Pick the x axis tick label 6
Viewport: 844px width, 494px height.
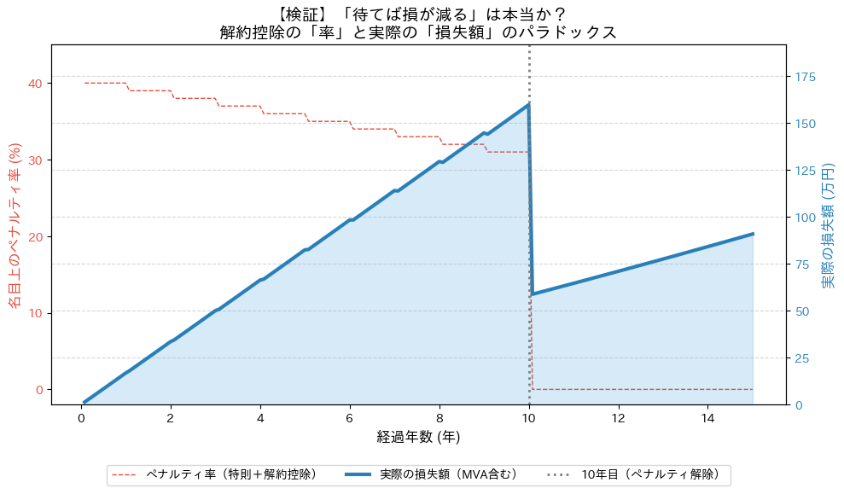click(350, 418)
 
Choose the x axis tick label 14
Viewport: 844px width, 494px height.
click(707, 418)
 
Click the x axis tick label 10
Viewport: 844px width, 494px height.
click(529, 418)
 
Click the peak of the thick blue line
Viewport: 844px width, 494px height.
click(529, 104)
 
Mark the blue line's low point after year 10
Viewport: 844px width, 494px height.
click(533, 294)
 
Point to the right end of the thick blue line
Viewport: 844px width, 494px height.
click(753, 233)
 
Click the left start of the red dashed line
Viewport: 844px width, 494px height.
click(85, 83)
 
